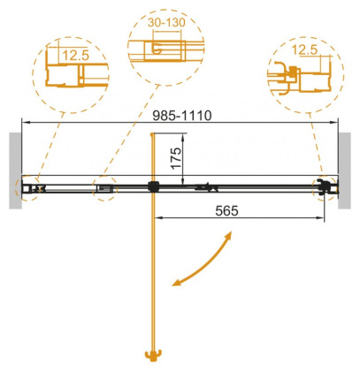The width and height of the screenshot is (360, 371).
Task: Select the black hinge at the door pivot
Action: pos(154,186)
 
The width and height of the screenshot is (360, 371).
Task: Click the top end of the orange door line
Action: pos(155,134)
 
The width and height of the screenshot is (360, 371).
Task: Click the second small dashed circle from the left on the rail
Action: pos(106,186)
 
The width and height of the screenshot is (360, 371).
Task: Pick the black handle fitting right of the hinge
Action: pos(209,186)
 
